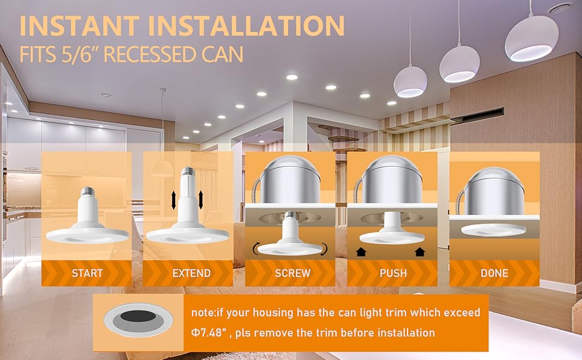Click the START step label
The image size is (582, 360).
point(87,273)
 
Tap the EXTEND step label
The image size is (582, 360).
point(191,273)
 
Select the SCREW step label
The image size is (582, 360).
point(292,273)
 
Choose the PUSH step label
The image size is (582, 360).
point(393,273)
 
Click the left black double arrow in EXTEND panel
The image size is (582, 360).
point(173,200)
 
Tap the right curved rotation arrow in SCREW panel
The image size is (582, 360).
point(325,247)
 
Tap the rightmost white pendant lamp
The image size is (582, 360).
point(531,39)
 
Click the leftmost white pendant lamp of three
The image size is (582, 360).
point(410,82)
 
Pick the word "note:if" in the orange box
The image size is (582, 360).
point(211,313)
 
